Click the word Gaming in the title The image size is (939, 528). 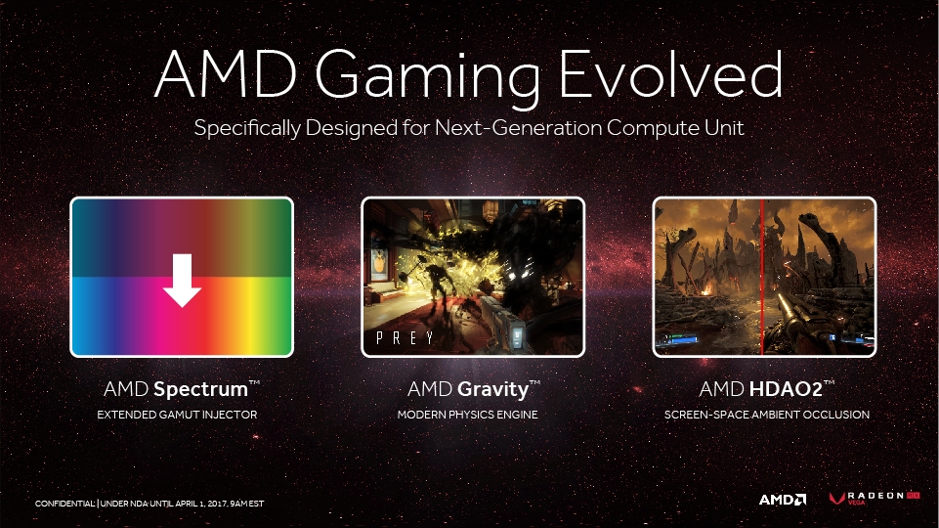(x=428, y=78)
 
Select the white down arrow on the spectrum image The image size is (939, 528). (x=182, y=280)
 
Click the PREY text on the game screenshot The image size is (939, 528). (x=405, y=338)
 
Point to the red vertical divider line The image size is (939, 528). (x=762, y=277)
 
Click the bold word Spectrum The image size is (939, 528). (x=200, y=389)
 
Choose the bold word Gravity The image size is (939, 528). (x=492, y=390)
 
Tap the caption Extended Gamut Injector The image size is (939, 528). (x=177, y=415)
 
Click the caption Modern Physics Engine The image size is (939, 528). (x=468, y=415)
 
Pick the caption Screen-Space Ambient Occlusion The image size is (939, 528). (x=766, y=415)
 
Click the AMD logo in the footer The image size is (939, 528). (x=783, y=500)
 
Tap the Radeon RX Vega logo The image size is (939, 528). (x=875, y=498)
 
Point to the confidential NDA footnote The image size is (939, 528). (x=149, y=504)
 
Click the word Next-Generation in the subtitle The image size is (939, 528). (x=518, y=128)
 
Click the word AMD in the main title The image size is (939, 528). (x=226, y=74)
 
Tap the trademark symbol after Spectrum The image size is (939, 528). (x=254, y=382)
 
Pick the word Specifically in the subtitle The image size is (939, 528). (x=247, y=129)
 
